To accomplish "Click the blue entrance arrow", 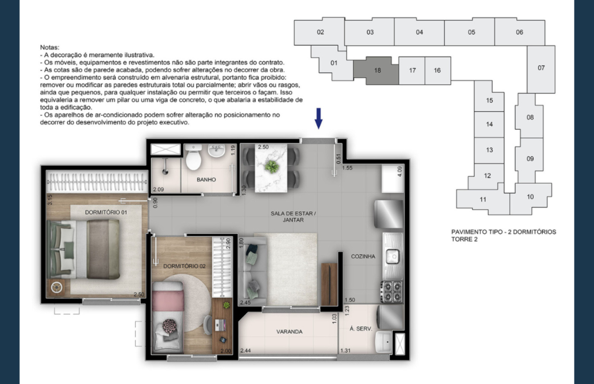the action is point(319,118).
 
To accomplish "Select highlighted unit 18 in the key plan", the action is point(377,70).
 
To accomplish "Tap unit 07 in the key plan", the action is point(541,68).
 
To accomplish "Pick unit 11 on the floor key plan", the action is point(483,200).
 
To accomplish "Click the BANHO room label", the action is point(206,180).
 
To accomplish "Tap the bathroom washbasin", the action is point(217,151).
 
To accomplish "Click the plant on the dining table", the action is point(271,167).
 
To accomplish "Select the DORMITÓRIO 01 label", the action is point(106,212).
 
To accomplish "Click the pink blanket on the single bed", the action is point(168,300).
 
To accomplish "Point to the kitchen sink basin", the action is point(393,256).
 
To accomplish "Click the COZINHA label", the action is point(363,256).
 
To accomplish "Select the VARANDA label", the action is point(289,332).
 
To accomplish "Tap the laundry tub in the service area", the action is point(383,342).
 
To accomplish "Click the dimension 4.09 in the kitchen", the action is point(400,171).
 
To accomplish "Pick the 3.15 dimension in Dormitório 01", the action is point(50,200).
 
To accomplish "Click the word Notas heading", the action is point(50,47).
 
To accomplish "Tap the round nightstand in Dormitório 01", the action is point(56,287).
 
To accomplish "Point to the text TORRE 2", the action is point(464,239).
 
